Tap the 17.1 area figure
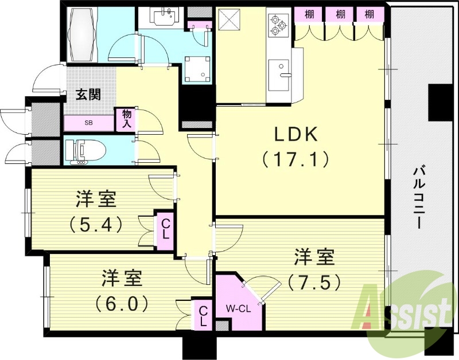295,159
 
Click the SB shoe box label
89,123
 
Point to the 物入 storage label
126,119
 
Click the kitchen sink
279,75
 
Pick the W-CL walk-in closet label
237,308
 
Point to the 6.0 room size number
122,302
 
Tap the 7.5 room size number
314,282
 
